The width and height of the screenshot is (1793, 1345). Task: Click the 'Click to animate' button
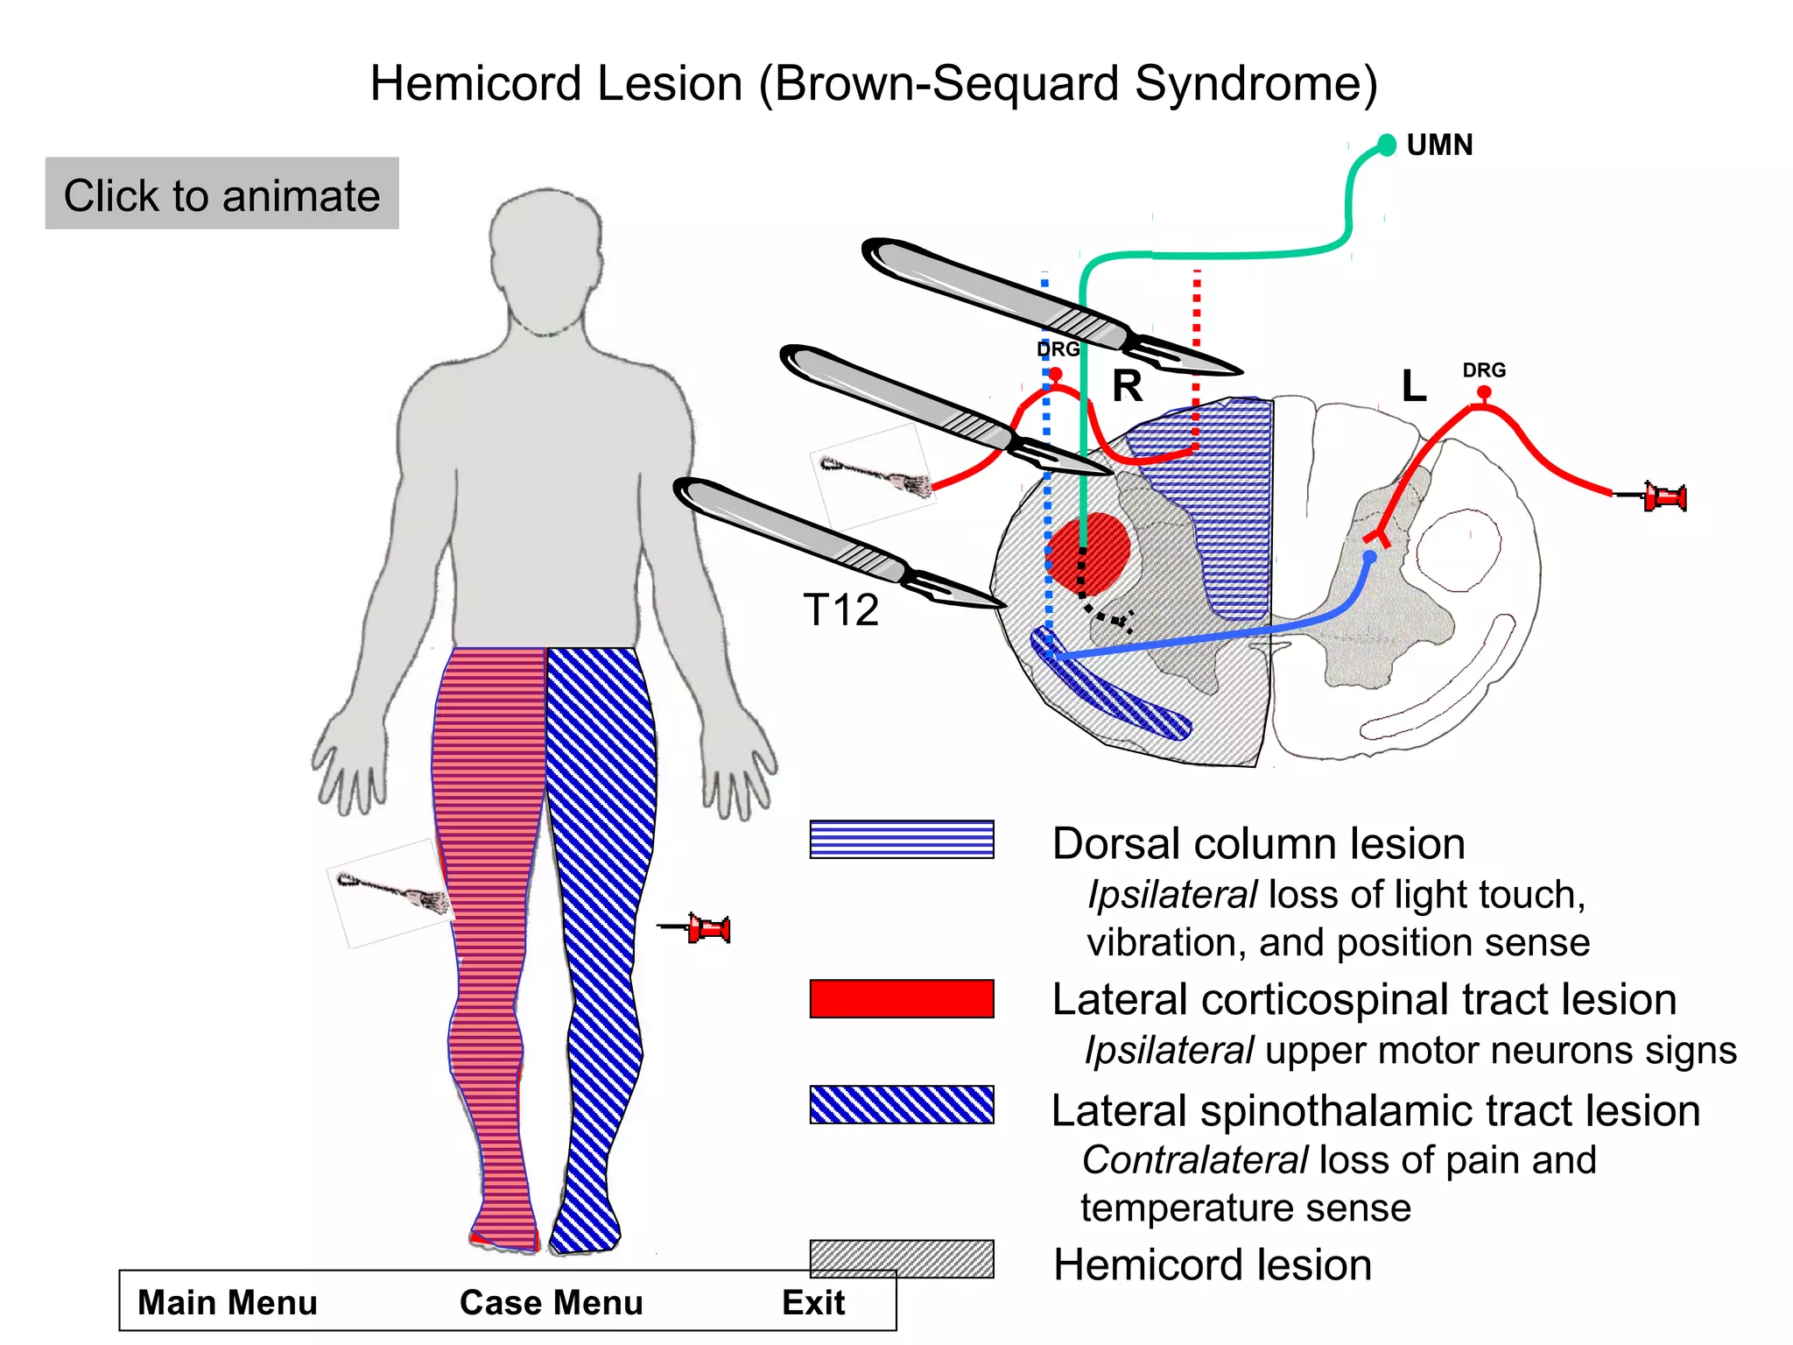click(221, 194)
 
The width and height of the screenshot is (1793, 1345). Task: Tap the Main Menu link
click(227, 1302)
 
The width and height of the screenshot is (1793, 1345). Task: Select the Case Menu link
click(551, 1302)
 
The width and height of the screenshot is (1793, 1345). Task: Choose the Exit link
click(812, 1302)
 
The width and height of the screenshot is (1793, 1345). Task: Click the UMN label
click(1438, 144)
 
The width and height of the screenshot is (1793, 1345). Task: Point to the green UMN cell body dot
click(1387, 144)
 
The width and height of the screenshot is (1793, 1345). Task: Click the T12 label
click(840, 610)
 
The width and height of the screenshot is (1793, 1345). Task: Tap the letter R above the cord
click(1127, 386)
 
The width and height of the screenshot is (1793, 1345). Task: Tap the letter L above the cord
click(1413, 386)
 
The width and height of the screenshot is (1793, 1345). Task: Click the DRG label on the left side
click(1058, 349)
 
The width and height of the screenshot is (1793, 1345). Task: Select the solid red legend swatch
click(901, 998)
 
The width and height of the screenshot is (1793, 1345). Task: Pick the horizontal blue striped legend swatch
click(901, 839)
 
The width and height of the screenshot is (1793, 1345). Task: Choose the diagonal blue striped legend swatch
click(901, 1104)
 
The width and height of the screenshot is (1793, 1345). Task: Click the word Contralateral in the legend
click(1194, 1160)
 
